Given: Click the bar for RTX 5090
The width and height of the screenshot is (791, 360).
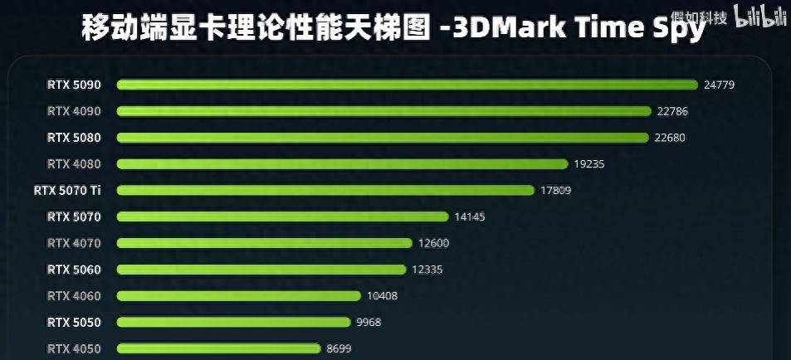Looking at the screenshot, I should (x=407, y=85).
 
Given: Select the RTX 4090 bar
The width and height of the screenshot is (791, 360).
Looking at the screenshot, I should (x=384, y=111).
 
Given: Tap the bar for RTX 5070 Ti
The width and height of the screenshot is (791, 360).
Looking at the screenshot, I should (x=325, y=191).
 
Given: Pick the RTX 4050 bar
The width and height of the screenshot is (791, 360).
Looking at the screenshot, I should (x=219, y=348).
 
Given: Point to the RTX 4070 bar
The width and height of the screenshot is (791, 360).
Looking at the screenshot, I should (x=265, y=243).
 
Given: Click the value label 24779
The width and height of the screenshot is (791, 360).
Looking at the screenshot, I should (x=719, y=85).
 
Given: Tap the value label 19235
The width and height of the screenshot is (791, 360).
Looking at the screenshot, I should (x=588, y=164).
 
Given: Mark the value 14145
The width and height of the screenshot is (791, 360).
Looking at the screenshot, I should (x=469, y=216).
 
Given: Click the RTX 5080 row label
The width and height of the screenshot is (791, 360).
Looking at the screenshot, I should (x=74, y=137).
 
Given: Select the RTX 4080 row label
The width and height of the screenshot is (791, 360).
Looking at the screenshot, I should (x=74, y=163).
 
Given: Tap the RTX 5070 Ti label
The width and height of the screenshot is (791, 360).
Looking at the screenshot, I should (x=67, y=190).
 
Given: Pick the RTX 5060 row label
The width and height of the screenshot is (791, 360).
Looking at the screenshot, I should (x=74, y=269).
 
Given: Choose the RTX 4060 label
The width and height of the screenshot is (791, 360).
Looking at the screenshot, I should (x=74, y=295).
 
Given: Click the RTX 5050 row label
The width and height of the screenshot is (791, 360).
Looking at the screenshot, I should (x=74, y=322).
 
